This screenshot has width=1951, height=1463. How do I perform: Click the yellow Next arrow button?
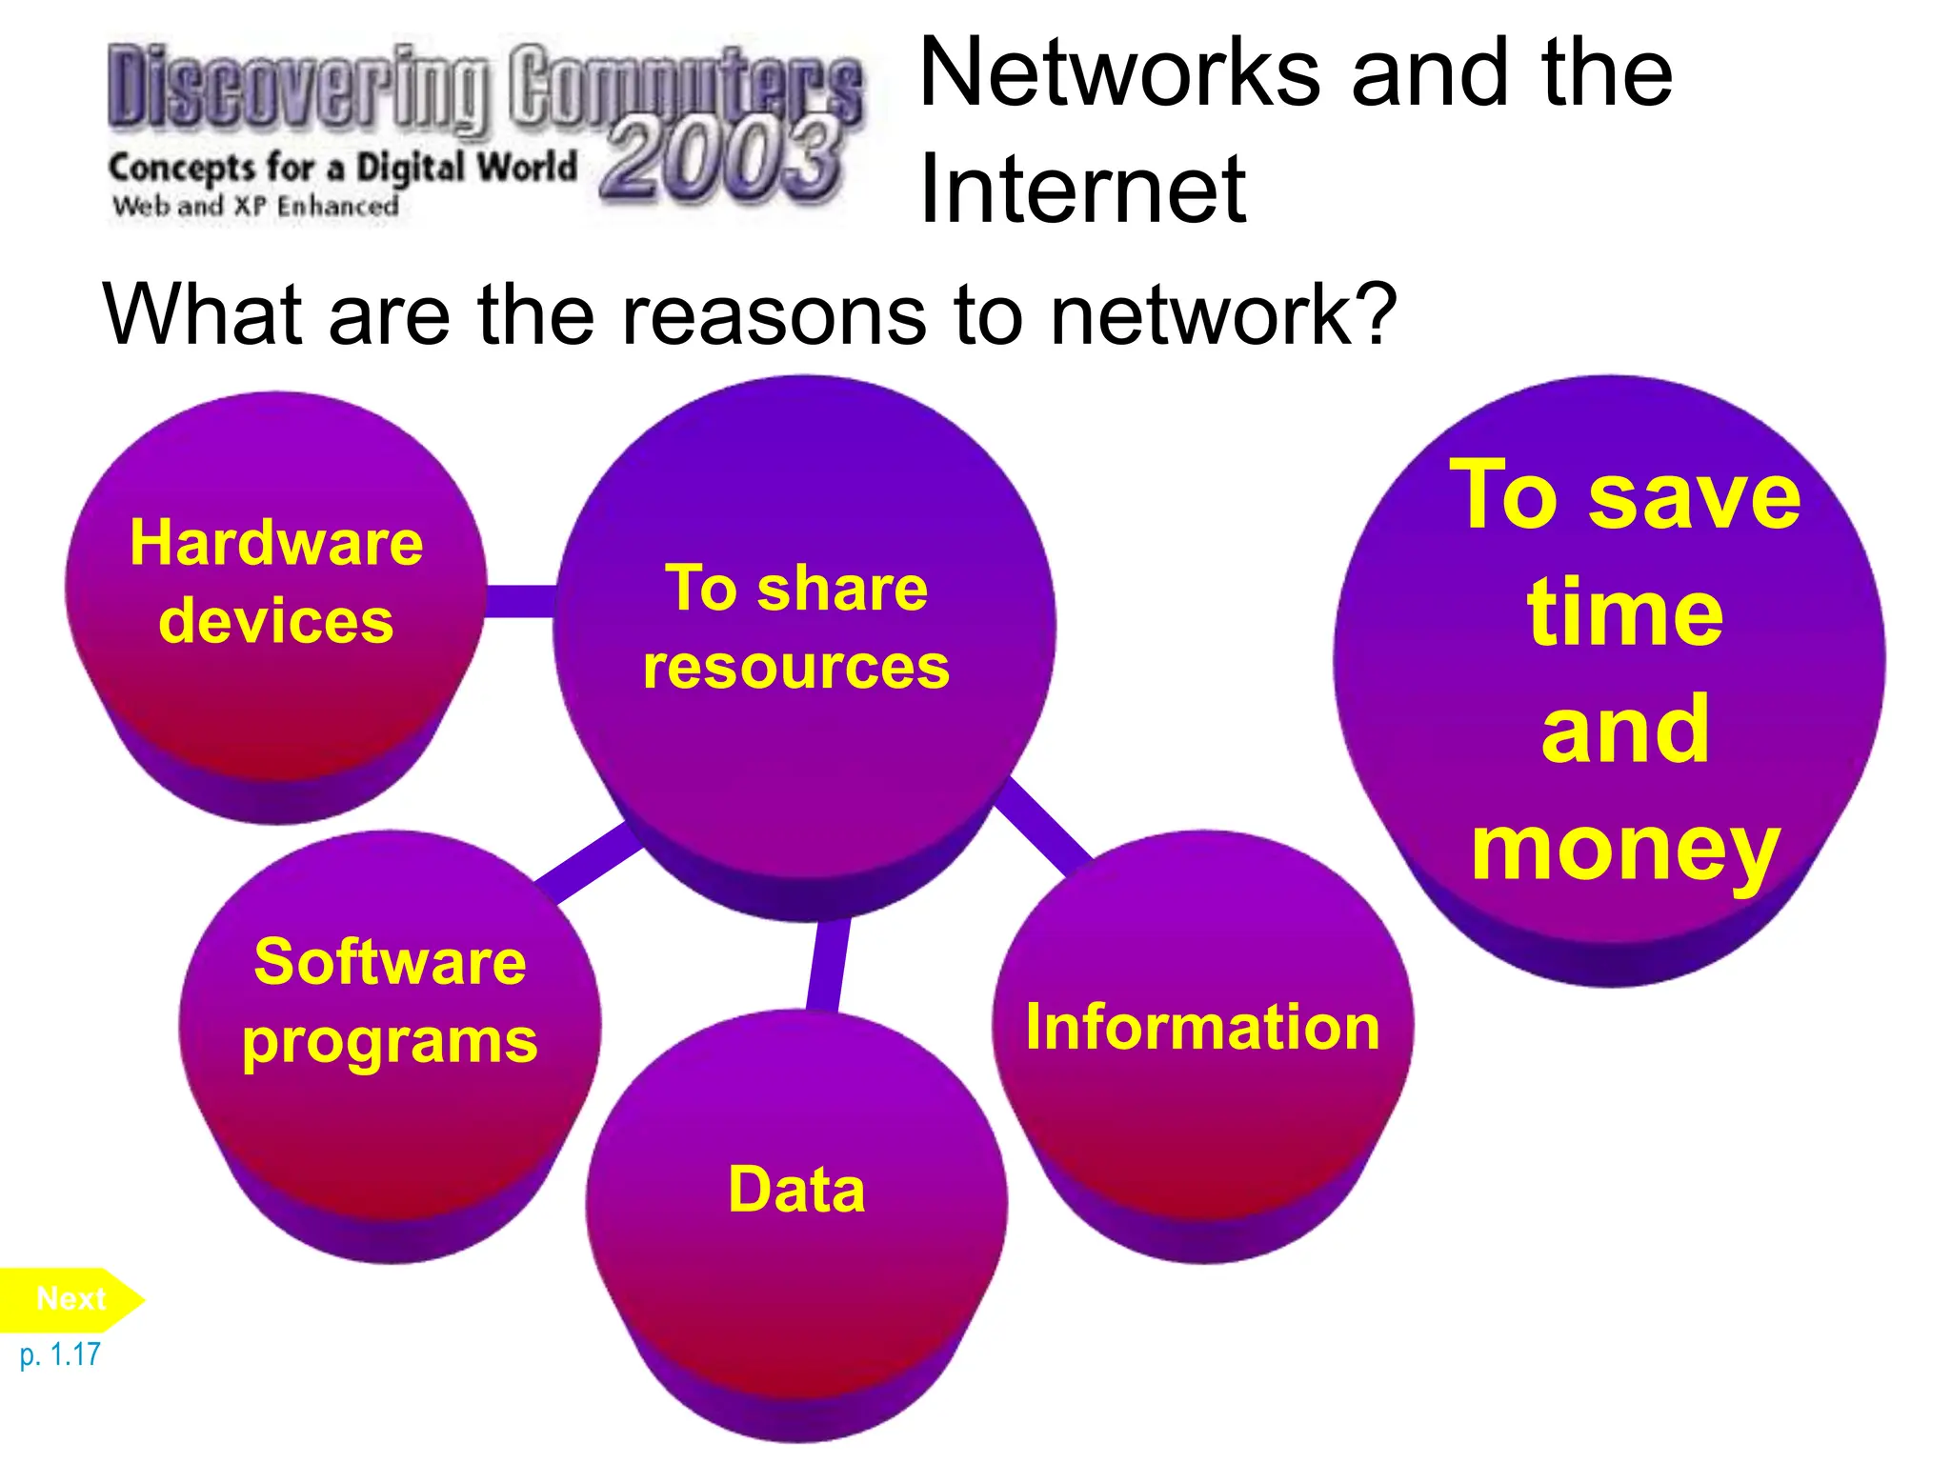70,1299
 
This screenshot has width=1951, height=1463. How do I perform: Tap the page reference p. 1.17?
60,1354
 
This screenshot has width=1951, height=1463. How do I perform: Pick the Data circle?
796,1191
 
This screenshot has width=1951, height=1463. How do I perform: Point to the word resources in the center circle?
796,667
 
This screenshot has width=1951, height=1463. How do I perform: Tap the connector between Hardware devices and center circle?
520,601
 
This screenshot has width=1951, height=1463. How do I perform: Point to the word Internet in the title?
1082,190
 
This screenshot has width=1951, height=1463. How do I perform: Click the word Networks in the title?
1120,73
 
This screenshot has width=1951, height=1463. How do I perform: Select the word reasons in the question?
774,315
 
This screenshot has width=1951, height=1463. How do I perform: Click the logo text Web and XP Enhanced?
255,206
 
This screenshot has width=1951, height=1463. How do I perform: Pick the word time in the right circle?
1625,613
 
